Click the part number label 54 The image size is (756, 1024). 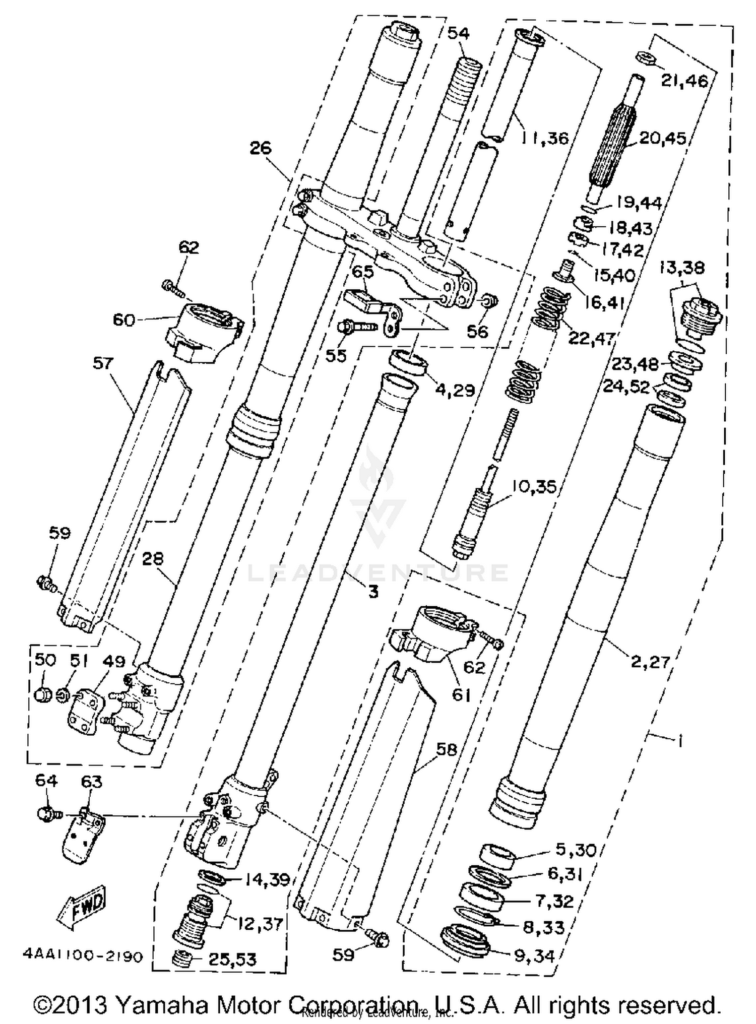pos(458,33)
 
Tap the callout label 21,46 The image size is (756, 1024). pos(684,80)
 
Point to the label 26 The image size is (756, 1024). pos(260,148)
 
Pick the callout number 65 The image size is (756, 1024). pos(362,272)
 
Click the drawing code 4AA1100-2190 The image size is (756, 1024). pos(83,956)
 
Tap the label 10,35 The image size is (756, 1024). pos(534,487)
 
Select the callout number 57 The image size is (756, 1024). pos(102,363)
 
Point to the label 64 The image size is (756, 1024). pos(46,781)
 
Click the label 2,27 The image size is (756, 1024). pos(650,661)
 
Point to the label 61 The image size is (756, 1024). pos(460,695)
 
